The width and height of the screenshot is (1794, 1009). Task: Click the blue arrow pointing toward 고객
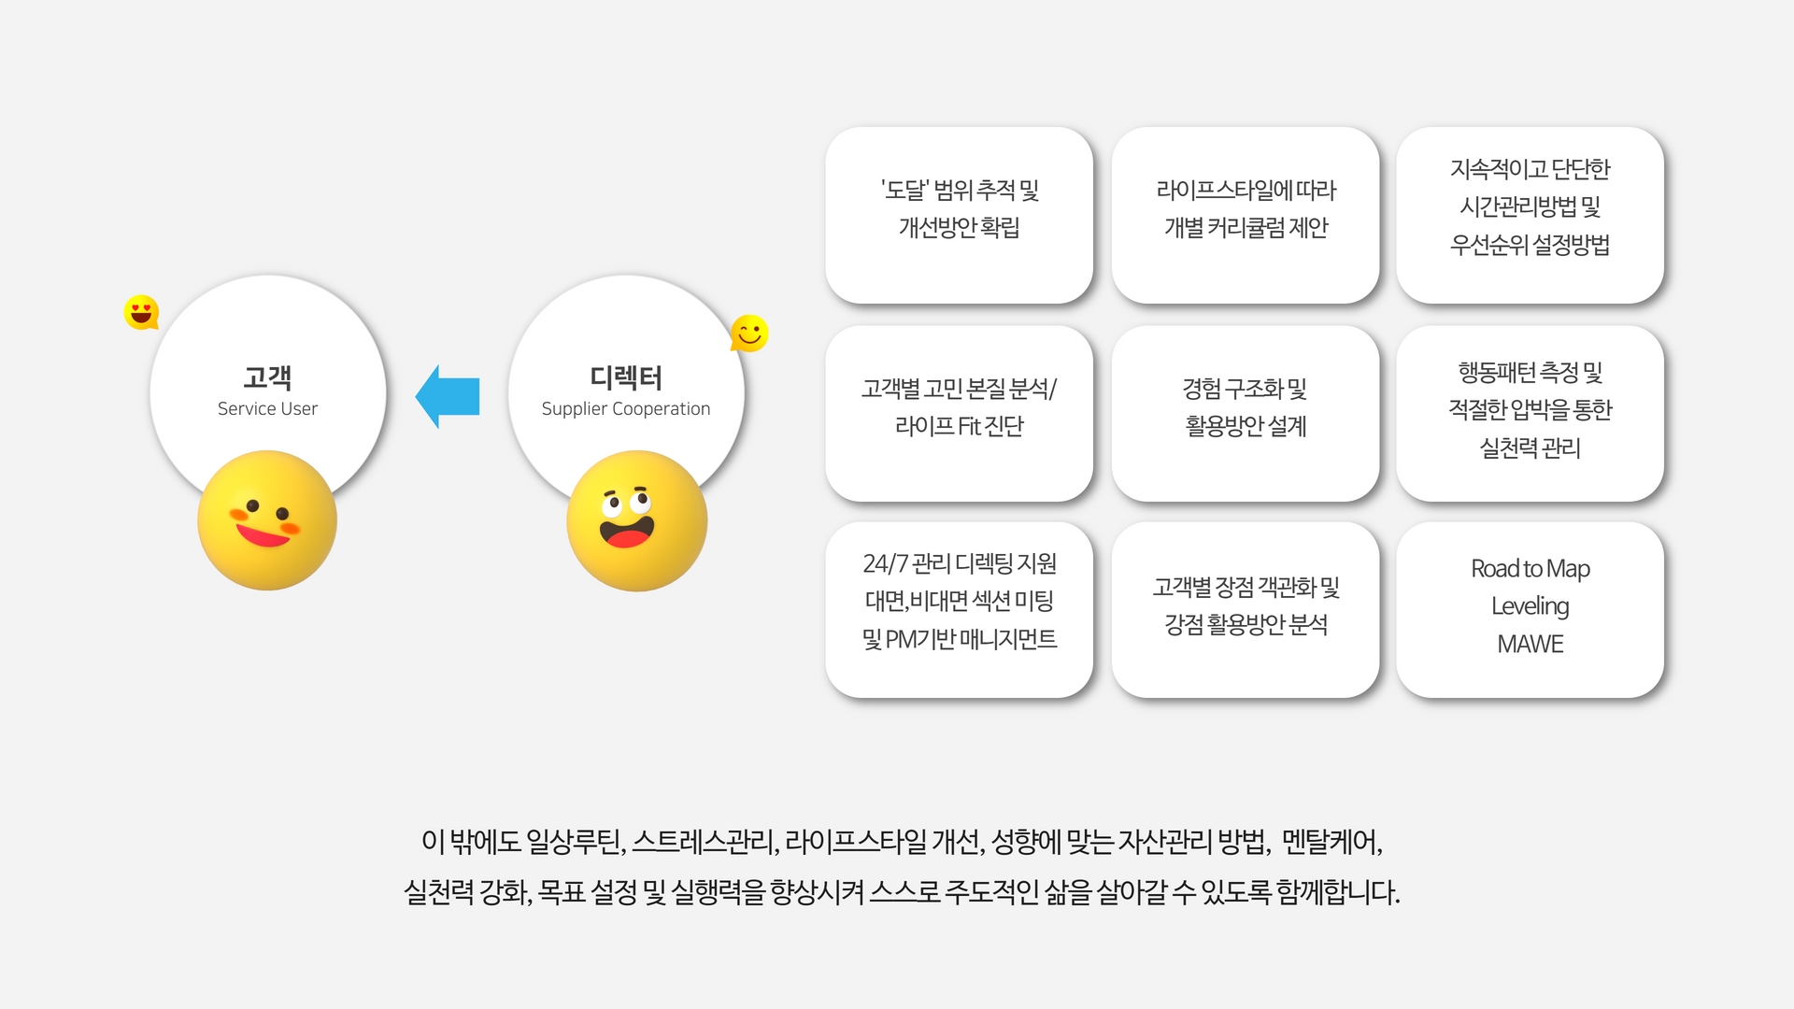pos(448,396)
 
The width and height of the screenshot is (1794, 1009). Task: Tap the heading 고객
pos(267,377)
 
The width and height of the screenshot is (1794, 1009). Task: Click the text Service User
pos(267,408)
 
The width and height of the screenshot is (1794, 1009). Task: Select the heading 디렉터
pos(626,377)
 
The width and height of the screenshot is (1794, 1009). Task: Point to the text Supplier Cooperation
pos(626,408)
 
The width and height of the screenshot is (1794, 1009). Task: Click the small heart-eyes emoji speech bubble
pos(141,312)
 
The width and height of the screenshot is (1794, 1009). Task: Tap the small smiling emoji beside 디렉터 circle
pos(749,333)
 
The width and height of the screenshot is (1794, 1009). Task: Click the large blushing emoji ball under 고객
pos(267,520)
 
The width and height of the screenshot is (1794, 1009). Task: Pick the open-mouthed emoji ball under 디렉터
pos(636,520)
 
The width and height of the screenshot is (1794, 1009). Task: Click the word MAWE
pos(1530,644)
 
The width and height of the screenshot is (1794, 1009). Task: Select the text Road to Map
pos(1530,568)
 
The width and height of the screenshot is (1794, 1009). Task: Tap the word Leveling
pos(1530,605)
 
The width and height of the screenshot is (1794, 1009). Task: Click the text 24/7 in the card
pos(884,563)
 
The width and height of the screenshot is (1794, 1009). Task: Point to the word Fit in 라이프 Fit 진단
pos(969,426)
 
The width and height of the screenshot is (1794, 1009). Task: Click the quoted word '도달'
pos(904,190)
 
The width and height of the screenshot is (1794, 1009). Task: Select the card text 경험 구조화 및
pos(1245,388)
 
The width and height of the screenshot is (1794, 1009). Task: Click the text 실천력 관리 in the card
pos(1530,448)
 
